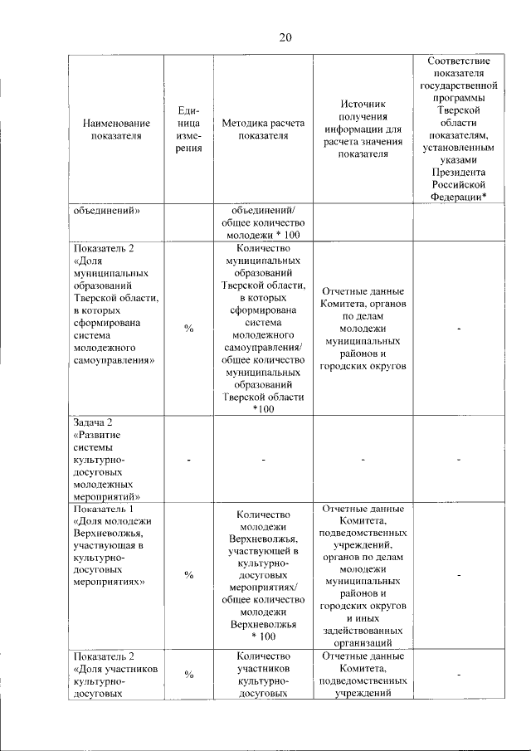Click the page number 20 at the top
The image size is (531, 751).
tap(285, 37)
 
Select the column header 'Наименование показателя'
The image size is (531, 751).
tap(116, 130)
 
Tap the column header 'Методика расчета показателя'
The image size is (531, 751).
tap(263, 130)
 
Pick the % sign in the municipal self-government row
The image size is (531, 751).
tap(189, 329)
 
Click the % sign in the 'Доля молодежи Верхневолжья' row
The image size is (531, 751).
tap(189, 574)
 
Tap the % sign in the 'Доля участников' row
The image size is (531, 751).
tap(189, 675)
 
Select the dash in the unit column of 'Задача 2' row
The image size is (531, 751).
tap(189, 460)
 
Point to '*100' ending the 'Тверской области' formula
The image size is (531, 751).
tap(263, 409)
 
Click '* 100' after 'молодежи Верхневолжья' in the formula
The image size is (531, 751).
tap(263, 636)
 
